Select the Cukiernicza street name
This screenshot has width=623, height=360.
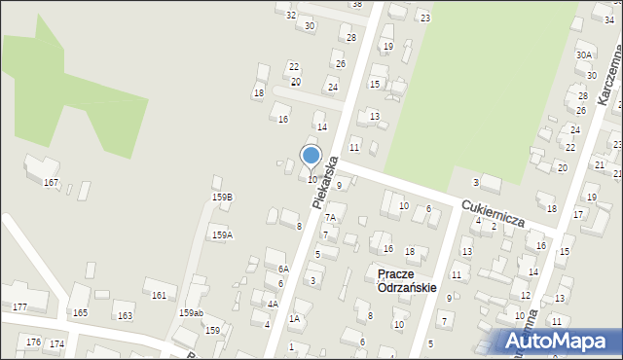coord(495,213)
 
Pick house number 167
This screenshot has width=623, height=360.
coord(51,183)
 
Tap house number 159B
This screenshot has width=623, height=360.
coord(222,198)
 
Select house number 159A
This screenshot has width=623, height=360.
coord(222,234)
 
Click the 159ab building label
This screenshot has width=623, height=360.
coord(191,312)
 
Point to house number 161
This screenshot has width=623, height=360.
coord(159,295)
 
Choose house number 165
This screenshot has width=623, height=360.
coord(80,312)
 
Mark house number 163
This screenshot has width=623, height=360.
coord(125,316)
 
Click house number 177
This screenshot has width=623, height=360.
coord(19,307)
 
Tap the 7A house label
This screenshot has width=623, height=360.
coord(330,218)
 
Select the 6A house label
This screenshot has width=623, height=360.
coord(283,269)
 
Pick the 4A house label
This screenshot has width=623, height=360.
coord(273,305)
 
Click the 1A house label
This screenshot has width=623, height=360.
coord(293,319)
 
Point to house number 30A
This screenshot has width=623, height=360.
coord(583,55)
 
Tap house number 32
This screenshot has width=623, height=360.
coord(290,15)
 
